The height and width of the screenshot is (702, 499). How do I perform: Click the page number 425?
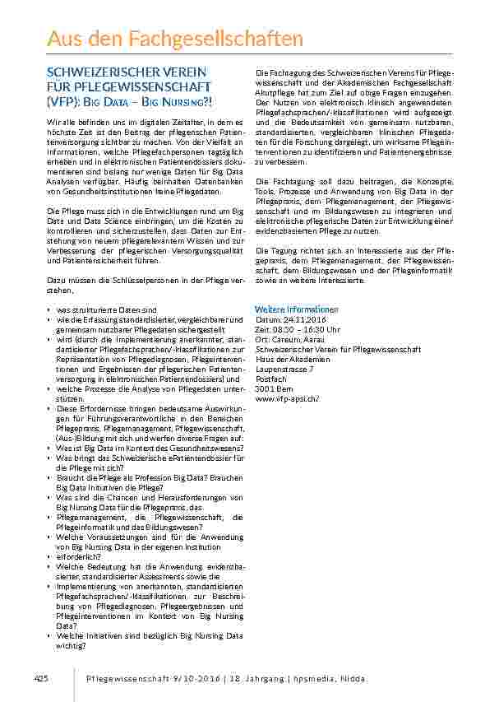tap(41, 678)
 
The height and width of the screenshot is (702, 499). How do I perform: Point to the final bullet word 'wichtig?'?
tap(72, 644)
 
